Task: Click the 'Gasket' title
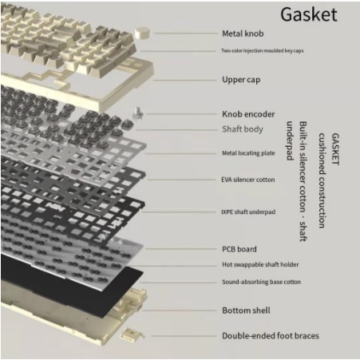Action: click(x=309, y=14)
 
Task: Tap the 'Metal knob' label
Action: click(x=243, y=34)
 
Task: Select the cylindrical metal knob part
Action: click(x=142, y=33)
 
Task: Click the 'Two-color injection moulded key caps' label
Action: click(x=263, y=50)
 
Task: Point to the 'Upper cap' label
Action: click(x=241, y=80)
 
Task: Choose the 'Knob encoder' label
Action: click(x=248, y=114)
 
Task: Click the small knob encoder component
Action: click(x=138, y=113)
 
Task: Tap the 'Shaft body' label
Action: click(x=243, y=129)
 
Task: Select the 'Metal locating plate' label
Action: click(x=248, y=153)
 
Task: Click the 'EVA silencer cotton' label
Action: click(x=248, y=180)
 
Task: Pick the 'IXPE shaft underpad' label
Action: click(x=248, y=212)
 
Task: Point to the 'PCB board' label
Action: click(x=239, y=249)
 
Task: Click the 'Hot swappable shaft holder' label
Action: click(x=260, y=264)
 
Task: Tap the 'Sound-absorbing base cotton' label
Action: click(x=261, y=282)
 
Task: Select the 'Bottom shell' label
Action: click(x=246, y=311)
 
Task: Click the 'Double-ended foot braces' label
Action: click(x=271, y=336)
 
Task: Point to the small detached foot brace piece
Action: click(x=132, y=334)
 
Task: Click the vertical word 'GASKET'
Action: click(x=335, y=149)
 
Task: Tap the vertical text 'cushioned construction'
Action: click(x=322, y=180)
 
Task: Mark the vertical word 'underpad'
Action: click(x=290, y=140)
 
